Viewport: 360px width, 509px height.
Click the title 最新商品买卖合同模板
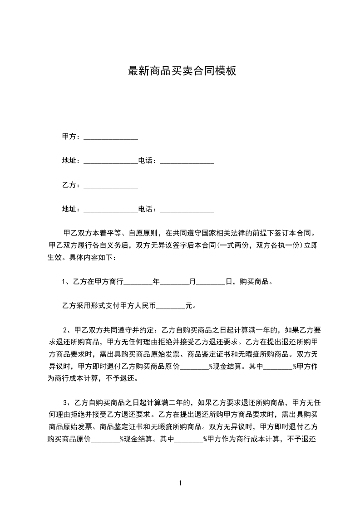(x=182, y=71)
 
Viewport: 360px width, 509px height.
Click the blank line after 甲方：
(x=111, y=137)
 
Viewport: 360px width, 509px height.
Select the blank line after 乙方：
(x=111, y=186)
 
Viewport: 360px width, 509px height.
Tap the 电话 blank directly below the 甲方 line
(x=187, y=161)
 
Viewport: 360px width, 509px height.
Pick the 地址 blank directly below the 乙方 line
(x=111, y=210)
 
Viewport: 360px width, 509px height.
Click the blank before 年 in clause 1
(x=138, y=282)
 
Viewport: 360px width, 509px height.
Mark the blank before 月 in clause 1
(x=174, y=282)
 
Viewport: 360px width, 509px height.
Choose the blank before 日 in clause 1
(x=211, y=282)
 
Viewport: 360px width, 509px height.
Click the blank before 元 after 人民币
(x=171, y=306)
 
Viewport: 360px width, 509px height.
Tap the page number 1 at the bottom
(x=180, y=483)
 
